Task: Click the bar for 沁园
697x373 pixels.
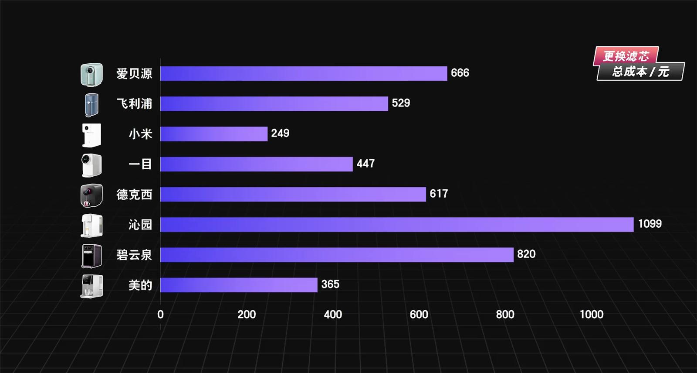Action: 396,225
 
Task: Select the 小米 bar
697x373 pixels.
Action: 213,134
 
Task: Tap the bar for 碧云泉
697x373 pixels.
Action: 337,255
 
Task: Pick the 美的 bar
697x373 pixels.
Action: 239,285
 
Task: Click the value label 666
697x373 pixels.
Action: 460,73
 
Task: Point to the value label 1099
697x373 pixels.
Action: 650,224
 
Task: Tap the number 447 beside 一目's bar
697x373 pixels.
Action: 365,164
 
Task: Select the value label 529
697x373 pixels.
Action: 401,103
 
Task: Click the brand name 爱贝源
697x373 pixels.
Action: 134,74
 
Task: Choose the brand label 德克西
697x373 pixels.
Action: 134,195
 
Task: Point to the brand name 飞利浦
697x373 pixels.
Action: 134,104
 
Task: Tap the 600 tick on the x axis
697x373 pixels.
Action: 419,315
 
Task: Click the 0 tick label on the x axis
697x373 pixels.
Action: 160,315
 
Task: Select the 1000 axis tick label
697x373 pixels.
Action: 591,315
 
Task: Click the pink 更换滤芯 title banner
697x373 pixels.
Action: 626,56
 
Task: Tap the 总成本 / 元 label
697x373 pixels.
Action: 640,72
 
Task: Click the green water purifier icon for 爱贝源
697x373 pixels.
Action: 91,75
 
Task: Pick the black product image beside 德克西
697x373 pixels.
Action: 91,195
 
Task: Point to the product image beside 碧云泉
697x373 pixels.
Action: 91,256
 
